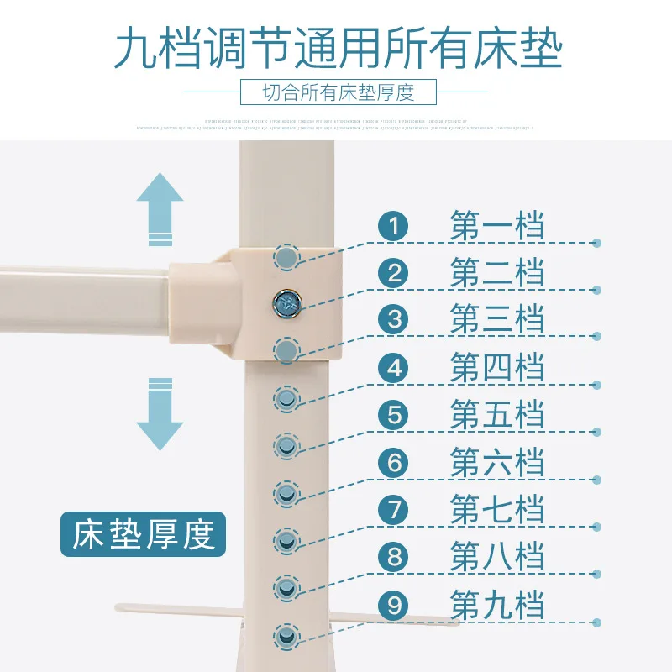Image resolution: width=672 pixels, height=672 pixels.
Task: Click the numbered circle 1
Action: (x=392, y=226)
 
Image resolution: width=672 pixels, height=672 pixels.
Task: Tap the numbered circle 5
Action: (x=392, y=415)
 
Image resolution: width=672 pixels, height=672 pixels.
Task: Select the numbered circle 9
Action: (x=392, y=605)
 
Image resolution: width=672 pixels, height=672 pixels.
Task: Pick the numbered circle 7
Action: (x=392, y=510)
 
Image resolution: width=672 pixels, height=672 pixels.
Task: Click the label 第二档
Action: (x=497, y=273)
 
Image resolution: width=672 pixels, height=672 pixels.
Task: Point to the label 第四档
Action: (x=497, y=368)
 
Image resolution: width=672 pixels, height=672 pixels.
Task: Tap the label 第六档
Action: (x=497, y=463)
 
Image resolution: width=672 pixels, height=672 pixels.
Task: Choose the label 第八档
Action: (x=497, y=558)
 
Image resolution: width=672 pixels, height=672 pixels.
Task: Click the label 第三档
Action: (x=497, y=320)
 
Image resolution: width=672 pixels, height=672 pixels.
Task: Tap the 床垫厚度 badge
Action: (x=143, y=535)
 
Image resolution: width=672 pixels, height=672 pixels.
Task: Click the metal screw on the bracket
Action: (x=287, y=302)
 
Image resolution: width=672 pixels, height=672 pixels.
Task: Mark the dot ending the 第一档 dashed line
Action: (x=596, y=243)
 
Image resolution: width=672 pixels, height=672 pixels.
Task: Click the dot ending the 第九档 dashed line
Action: (x=596, y=622)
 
